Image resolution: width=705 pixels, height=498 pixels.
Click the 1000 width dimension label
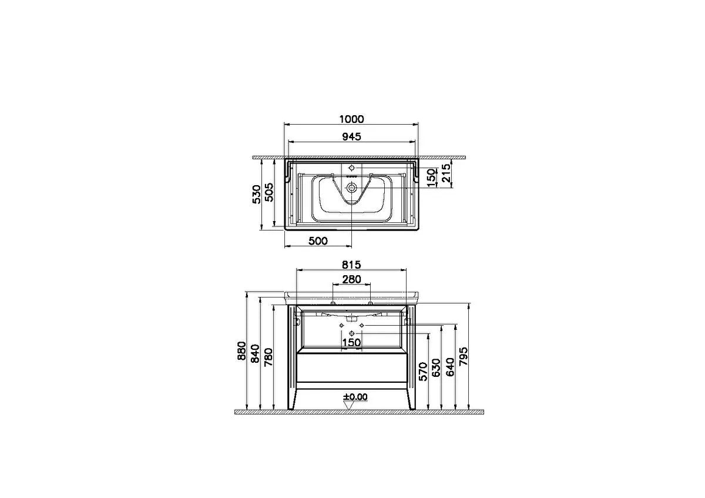[x=351, y=119]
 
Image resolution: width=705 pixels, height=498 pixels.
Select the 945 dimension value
[x=351, y=137]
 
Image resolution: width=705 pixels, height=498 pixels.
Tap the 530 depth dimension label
[x=257, y=195]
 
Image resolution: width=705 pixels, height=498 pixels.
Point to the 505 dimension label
[x=269, y=192]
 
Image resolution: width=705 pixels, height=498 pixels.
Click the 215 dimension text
[x=446, y=173]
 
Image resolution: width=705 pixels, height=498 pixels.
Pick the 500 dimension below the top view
[x=318, y=241]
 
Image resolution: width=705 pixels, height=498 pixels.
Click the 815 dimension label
[x=351, y=265]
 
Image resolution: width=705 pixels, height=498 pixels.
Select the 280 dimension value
[x=351, y=279]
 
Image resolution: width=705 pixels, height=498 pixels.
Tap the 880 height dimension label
[x=241, y=350]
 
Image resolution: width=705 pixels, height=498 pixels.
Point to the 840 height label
[x=255, y=353]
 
